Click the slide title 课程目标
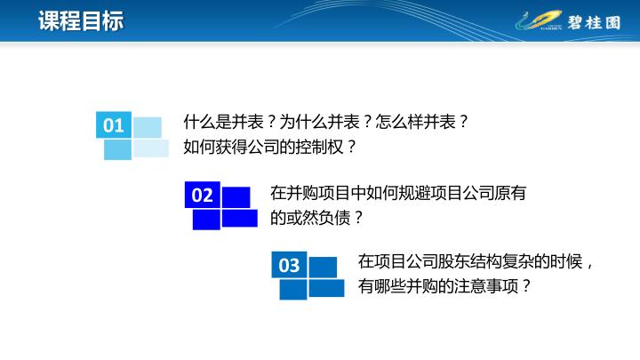[81, 20]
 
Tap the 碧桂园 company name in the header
[595, 22]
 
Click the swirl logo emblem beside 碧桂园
[539, 20]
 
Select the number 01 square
[114, 125]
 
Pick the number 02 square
[203, 195]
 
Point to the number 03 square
[289, 265]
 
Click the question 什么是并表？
[230, 122]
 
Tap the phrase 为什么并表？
[325, 122]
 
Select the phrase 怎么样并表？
[421, 122]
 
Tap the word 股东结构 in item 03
[469, 261]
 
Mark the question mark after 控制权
[352, 147]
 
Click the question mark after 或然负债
[358, 218]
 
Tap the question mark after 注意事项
[526, 286]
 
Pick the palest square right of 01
[150, 148]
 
